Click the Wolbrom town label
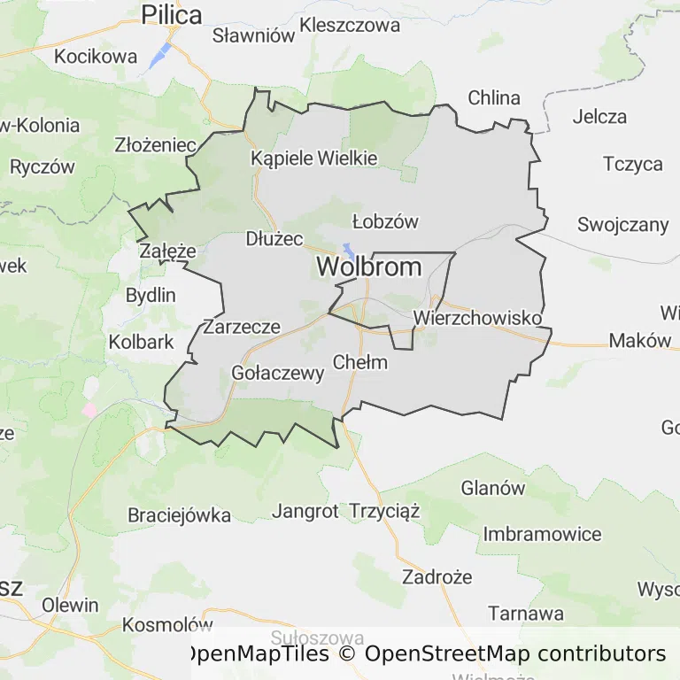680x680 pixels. tap(369, 267)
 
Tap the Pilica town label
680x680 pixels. tap(172, 15)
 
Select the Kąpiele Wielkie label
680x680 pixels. tap(314, 158)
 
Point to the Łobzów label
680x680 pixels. tap(384, 221)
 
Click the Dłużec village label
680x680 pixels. tap(274, 239)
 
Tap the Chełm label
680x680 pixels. tap(360, 361)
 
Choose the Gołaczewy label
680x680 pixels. tap(277, 373)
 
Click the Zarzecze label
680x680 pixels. tap(242, 327)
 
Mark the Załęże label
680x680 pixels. tap(167, 251)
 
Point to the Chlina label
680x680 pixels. tap(494, 97)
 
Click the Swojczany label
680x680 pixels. tap(622, 224)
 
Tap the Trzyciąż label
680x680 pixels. tap(384, 511)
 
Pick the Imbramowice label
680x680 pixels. tap(542, 534)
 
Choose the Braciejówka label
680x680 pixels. tap(179, 514)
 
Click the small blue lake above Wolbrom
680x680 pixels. tap(350, 251)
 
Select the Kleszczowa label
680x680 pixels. tap(350, 25)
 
